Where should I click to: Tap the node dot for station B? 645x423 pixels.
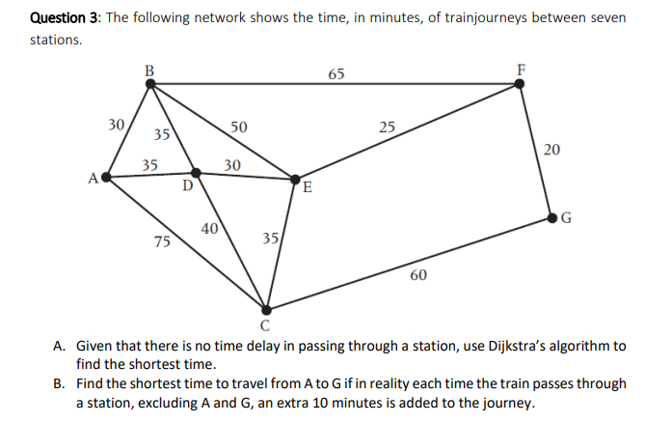149,85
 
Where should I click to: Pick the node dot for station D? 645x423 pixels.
196,173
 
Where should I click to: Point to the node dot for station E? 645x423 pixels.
296,178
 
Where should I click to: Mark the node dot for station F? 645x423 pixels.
521,85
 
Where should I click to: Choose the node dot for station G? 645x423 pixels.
552,217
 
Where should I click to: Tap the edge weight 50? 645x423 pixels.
239,127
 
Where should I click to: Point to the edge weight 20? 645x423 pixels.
551,149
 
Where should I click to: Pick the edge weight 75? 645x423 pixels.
163,242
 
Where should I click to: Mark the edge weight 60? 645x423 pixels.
417,275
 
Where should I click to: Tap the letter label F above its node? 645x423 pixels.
522,69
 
